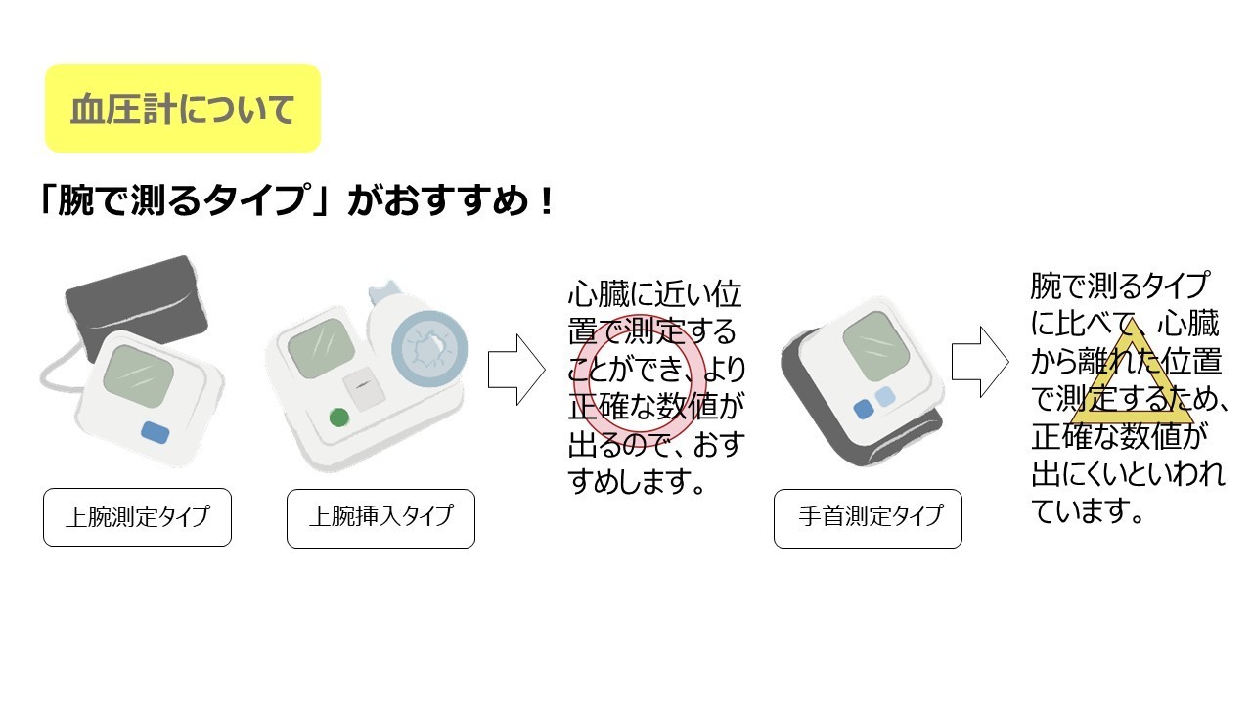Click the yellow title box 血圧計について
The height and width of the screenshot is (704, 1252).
click(x=183, y=109)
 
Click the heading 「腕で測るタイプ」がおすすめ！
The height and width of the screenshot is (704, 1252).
click(x=293, y=202)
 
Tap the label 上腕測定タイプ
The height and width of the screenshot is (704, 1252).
click(x=137, y=517)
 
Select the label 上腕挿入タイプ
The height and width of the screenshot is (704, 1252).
click(x=380, y=517)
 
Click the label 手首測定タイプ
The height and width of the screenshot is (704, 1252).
click(x=868, y=517)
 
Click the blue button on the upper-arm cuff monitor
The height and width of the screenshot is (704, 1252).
click(x=156, y=430)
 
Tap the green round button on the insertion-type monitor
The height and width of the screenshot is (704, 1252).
click(x=339, y=418)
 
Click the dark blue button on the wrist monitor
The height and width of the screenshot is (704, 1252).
click(x=863, y=410)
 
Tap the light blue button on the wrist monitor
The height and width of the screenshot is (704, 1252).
click(x=884, y=396)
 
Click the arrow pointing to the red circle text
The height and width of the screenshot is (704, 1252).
click(x=515, y=369)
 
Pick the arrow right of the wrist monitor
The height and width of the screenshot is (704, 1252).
click(x=979, y=361)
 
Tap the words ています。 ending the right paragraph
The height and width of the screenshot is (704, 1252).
click(x=1089, y=511)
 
